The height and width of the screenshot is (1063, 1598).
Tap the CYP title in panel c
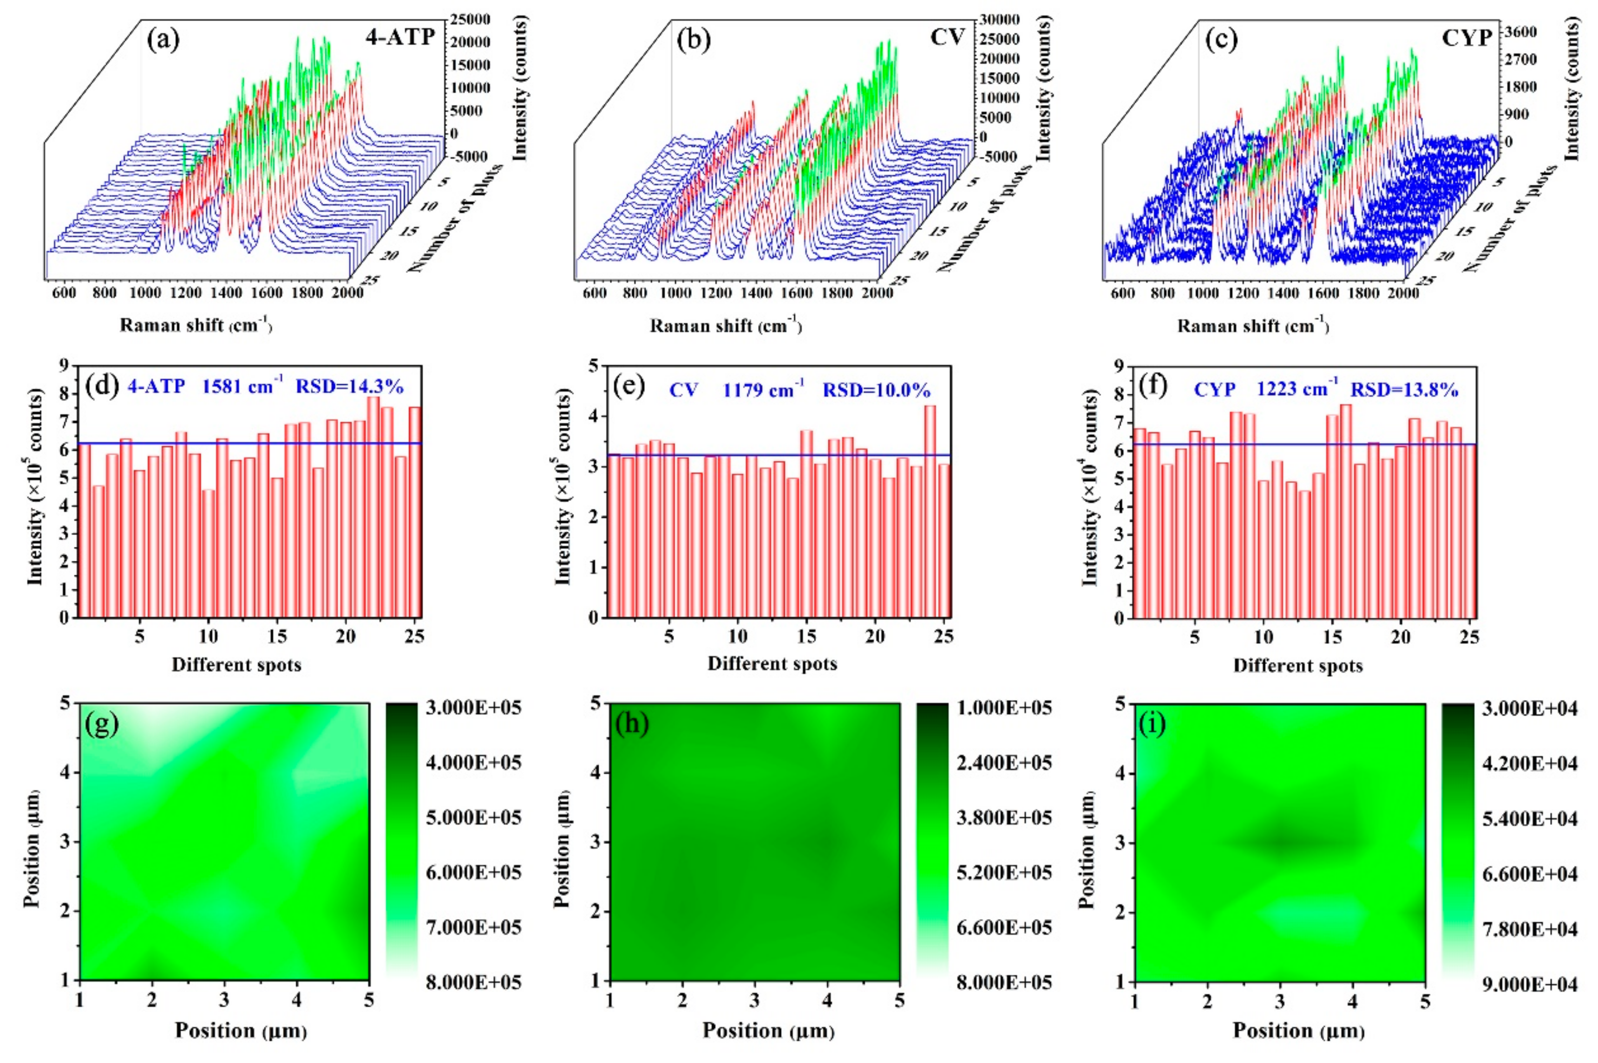[x=1467, y=38]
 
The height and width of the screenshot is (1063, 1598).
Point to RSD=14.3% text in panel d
[x=349, y=387]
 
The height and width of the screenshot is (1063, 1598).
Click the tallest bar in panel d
[x=373, y=506]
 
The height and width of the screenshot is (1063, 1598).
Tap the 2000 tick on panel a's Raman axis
[x=348, y=293]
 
